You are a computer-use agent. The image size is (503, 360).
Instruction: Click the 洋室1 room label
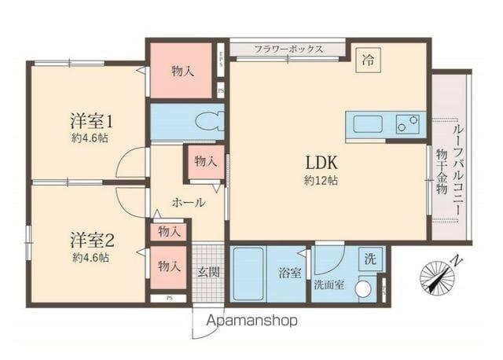93,122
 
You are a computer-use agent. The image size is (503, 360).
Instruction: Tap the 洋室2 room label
93,238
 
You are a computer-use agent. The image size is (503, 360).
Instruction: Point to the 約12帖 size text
321,180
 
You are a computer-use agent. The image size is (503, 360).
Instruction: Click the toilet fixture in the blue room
211,123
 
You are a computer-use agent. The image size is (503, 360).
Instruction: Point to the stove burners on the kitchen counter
406,123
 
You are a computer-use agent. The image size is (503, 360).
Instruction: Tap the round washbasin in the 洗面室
364,288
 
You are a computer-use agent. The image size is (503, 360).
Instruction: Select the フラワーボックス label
288,49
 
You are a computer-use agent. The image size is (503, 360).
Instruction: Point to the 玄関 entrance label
208,272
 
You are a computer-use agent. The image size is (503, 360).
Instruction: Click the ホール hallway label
189,202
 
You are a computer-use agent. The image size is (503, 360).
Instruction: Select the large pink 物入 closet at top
182,71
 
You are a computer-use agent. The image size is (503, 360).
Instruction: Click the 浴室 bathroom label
289,274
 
